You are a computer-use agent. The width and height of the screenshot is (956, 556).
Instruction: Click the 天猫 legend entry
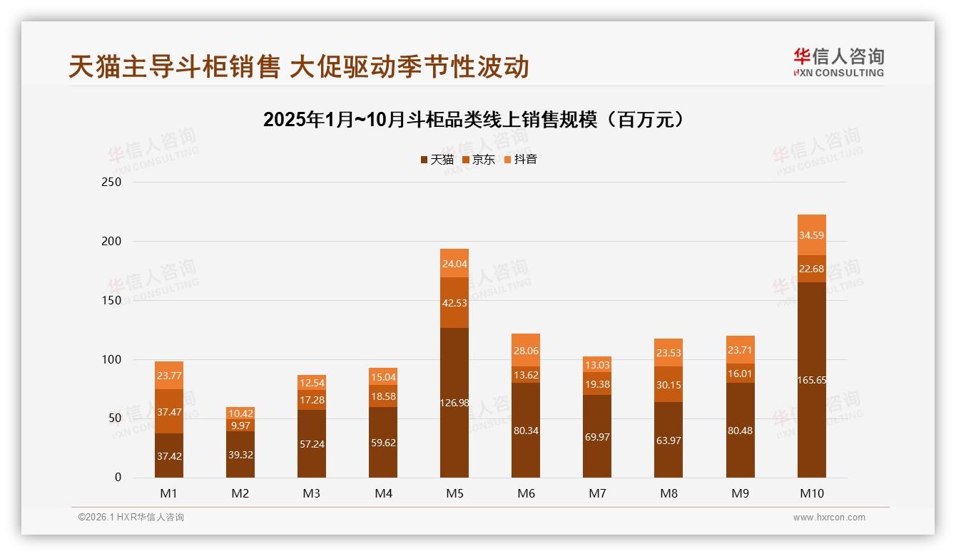(437, 160)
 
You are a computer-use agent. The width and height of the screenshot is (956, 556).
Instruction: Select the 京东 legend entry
(479, 160)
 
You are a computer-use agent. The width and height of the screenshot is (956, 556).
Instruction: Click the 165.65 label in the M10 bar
(812, 380)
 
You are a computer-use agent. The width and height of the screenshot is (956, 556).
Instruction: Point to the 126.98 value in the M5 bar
(454, 403)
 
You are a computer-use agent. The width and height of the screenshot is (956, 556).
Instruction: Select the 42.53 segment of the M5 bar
(454, 302)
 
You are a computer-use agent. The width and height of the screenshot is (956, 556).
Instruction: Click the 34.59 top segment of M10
(812, 235)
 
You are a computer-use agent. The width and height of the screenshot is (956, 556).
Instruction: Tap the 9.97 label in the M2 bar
(240, 426)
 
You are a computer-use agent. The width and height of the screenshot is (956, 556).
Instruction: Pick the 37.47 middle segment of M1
(169, 411)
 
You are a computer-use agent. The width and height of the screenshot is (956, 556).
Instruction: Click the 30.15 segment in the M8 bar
(668, 384)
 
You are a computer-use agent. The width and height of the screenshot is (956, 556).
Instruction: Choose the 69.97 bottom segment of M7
(597, 436)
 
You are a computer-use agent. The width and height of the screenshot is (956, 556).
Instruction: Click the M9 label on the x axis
(740, 493)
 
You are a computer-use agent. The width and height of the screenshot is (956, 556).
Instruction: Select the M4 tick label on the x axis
(383, 493)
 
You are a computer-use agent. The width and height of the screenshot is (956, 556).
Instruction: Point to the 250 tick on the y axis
(113, 182)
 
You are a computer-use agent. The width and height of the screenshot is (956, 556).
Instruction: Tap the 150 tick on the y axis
(113, 301)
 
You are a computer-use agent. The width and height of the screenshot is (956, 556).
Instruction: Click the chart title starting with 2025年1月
(474, 119)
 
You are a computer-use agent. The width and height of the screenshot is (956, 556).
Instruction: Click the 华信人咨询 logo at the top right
(838, 62)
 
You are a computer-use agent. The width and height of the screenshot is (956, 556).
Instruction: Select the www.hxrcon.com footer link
(829, 518)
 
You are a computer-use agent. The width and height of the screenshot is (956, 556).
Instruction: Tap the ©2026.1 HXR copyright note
(131, 518)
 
